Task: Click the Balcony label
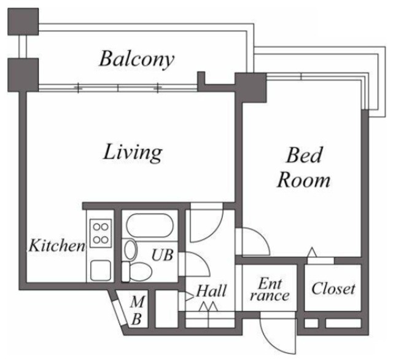137,59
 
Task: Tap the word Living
132,151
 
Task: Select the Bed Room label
304,168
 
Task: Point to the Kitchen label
57,246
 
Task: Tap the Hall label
211,290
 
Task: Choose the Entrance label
271,289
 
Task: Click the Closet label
333,288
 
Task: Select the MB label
138,310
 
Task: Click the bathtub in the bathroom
150,227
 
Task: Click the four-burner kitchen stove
99,233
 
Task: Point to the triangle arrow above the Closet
312,252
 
